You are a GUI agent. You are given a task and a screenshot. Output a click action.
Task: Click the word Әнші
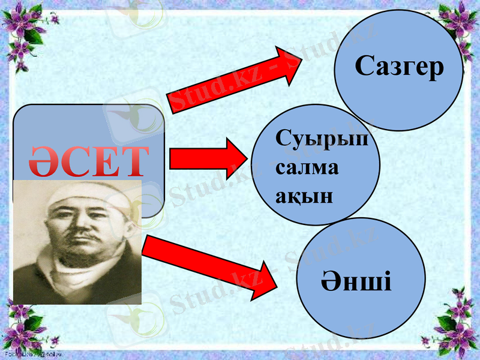(x=356, y=280)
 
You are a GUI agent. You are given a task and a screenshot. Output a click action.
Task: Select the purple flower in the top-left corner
(x=21, y=21)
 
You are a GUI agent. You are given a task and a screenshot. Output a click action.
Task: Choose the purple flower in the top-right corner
(x=459, y=21)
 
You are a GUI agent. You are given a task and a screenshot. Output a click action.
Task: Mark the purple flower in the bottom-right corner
(x=459, y=327)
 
